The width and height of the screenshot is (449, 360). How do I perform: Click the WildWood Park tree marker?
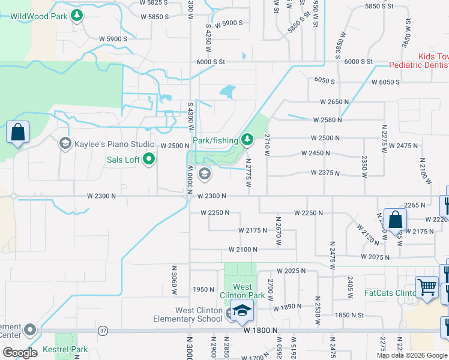tap(77, 16)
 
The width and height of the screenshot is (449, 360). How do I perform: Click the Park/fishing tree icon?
tap(247, 140)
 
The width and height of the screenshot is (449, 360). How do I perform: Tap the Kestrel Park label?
tap(65, 350)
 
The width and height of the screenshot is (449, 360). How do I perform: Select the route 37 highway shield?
tap(103, 331)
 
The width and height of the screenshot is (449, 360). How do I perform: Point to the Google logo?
tap(20, 353)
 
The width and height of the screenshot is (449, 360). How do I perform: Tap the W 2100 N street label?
tap(243, 250)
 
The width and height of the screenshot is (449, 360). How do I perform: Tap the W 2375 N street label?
tap(325, 173)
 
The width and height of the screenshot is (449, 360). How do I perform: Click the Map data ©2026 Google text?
tap(412, 355)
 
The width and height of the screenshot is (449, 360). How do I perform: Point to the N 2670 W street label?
tap(278, 228)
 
